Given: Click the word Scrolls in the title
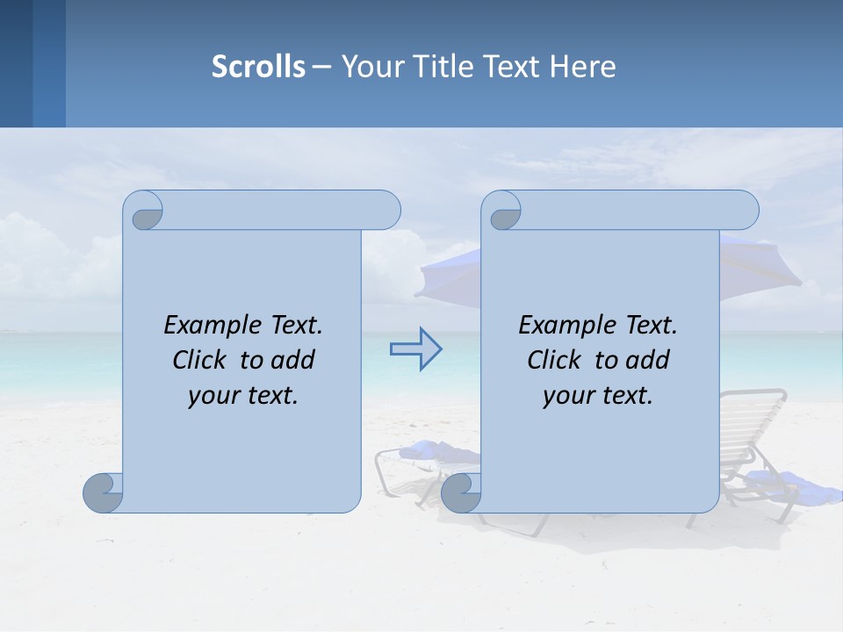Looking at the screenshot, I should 258,67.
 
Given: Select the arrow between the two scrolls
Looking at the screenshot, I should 415,349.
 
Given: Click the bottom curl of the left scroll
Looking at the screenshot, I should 103,493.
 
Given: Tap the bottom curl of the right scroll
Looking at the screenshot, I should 460,493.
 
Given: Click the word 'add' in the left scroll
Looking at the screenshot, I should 294,360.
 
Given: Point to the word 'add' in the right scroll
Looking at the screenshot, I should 649,360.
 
